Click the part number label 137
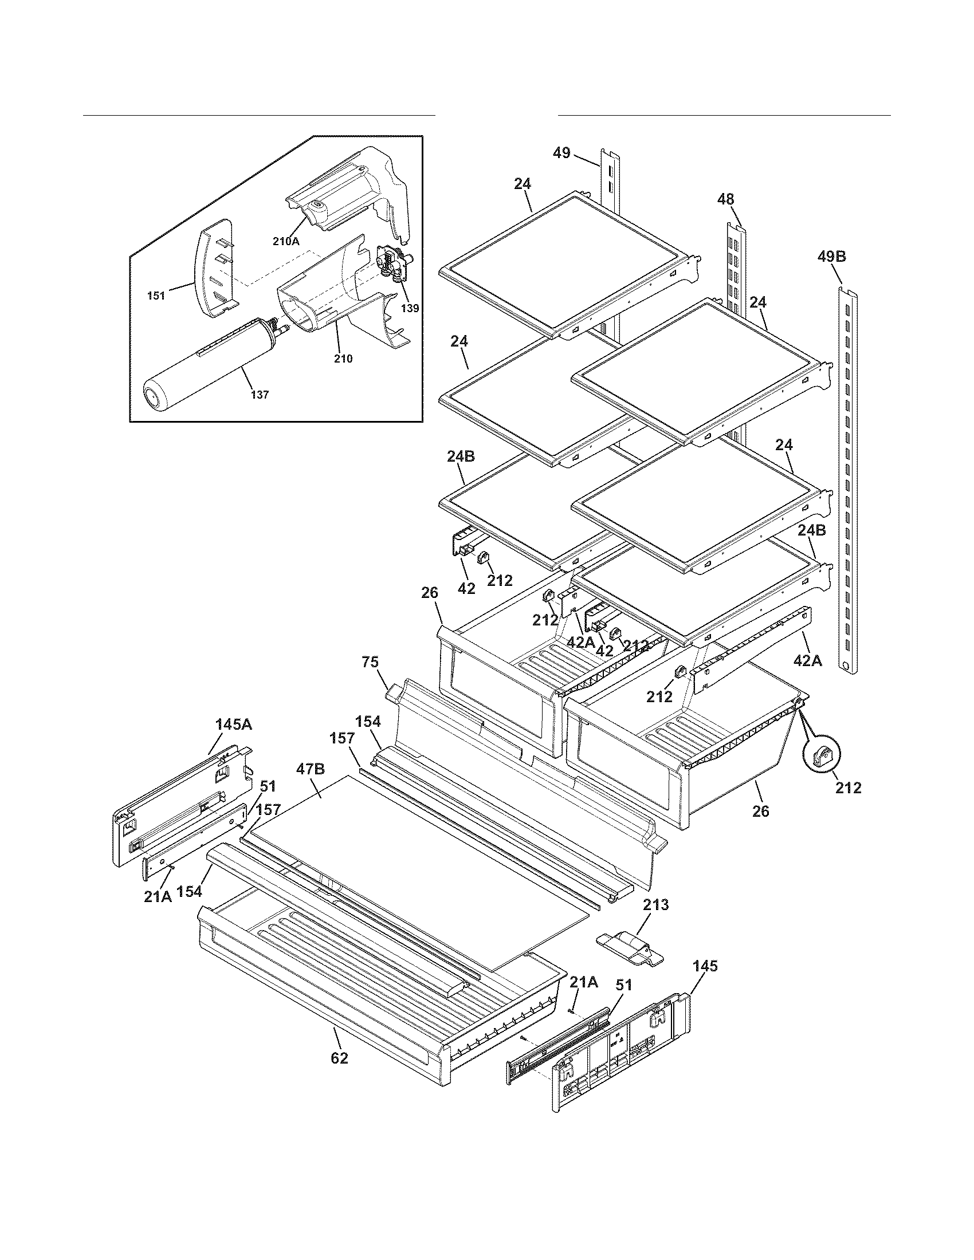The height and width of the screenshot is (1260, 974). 259,395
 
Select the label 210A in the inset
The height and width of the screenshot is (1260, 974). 286,242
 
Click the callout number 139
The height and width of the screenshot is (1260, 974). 410,308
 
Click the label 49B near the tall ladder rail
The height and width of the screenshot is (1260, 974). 831,257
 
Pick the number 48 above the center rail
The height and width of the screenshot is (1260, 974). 725,200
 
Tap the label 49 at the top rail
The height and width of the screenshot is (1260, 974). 561,153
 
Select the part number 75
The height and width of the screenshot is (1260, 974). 370,662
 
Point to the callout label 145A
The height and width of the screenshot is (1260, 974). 233,724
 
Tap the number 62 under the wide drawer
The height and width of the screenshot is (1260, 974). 339,1058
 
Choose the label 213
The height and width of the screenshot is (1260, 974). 655,904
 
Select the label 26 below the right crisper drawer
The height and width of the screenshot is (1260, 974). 760,811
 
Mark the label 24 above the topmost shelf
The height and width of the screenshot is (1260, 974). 522,184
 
